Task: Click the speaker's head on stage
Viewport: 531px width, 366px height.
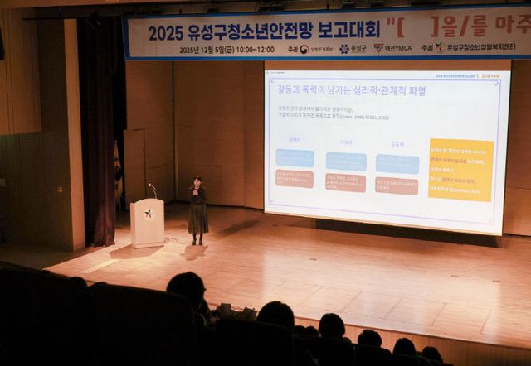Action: pos(197,182)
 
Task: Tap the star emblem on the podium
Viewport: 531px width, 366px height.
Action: pos(148,214)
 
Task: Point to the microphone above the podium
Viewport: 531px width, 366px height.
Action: pos(152,187)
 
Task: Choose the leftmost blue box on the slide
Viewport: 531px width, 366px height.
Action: pos(295,157)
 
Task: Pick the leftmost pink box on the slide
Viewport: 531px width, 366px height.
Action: pos(295,178)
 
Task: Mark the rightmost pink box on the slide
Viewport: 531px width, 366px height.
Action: pos(397,185)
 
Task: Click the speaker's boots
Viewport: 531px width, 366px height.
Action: pos(197,240)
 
